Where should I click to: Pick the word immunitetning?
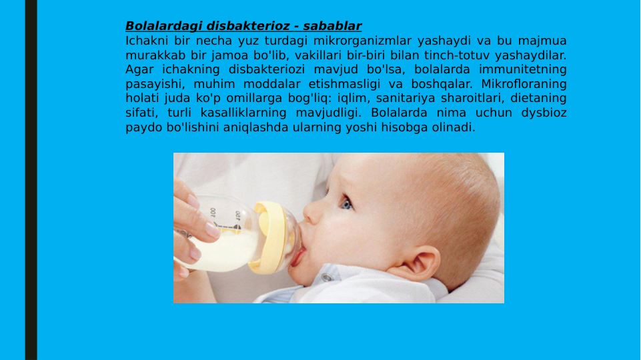tap(523, 70)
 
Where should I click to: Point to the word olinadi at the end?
tap(455, 128)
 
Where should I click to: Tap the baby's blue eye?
tap(346, 202)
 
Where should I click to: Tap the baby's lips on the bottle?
tap(298, 254)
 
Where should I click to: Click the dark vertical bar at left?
tap(31, 180)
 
